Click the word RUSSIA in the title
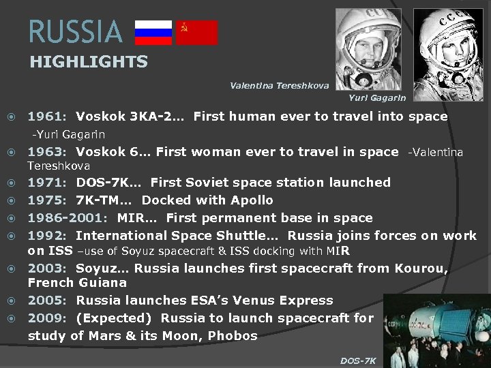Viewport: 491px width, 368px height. coord(75,32)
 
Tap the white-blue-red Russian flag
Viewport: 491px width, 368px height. coord(153,32)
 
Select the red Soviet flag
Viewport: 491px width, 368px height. coord(197,32)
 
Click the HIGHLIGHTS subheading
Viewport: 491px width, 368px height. coord(89,62)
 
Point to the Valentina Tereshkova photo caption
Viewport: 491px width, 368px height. coord(279,86)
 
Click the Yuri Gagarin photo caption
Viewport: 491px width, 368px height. coord(376,98)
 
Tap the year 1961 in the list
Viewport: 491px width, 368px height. coord(46,117)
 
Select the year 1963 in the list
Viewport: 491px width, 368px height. coord(46,152)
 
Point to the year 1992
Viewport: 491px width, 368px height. coord(46,236)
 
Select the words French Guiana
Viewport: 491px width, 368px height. coord(77,282)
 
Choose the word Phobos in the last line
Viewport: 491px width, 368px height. coord(233,336)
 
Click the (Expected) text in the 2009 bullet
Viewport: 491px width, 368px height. coord(114,318)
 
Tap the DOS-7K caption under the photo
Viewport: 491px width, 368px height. coord(358,361)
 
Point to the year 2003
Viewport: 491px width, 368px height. coord(46,269)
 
